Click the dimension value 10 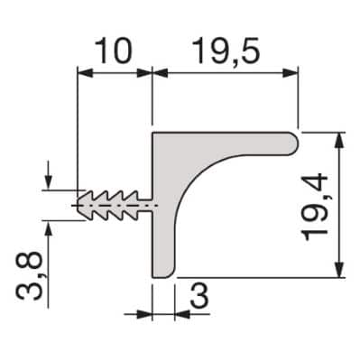click(x=114, y=51)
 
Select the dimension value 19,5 click(x=226, y=51)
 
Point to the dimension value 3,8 click(x=29, y=276)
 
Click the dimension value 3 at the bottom click(x=199, y=296)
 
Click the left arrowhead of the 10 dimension click(x=85, y=73)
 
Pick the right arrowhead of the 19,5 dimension click(x=291, y=73)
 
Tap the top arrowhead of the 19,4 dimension click(x=339, y=140)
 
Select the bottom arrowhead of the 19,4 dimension click(x=339, y=270)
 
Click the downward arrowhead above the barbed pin click(x=48, y=183)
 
